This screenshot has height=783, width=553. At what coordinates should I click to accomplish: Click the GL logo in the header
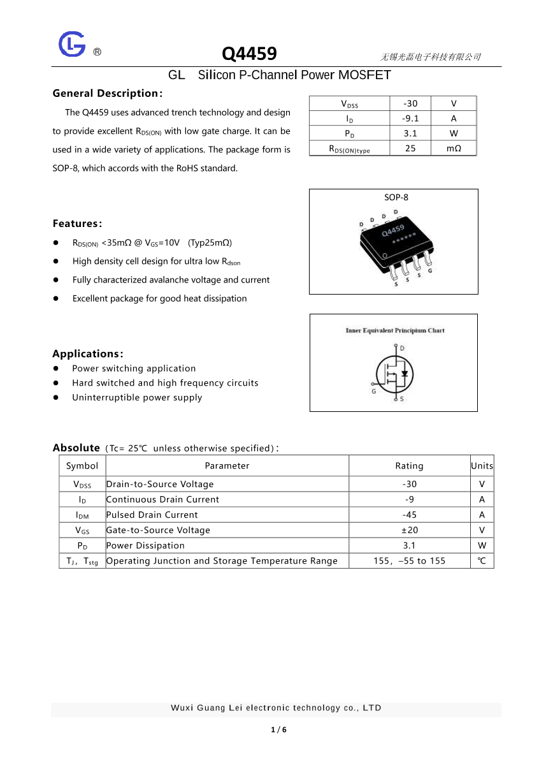pyautogui.click(x=72, y=45)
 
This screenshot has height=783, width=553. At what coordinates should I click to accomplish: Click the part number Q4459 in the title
pyautogui.click(x=249, y=54)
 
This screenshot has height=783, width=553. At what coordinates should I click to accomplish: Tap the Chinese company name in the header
pyautogui.click(x=430, y=57)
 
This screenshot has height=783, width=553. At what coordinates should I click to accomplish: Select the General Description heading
pyautogui.click(x=108, y=93)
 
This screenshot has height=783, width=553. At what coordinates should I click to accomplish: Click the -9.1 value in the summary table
pyautogui.click(x=410, y=118)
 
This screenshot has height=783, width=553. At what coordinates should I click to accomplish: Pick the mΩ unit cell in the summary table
pyautogui.click(x=453, y=149)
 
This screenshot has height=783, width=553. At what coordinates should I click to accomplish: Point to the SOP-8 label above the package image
pyautogui.click(x=396, y=197)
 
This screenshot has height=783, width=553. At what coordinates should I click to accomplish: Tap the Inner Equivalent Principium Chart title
pyautogui.click(x=395, y=330)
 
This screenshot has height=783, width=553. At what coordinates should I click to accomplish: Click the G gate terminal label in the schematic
pyautogui.click(x=374, y=391)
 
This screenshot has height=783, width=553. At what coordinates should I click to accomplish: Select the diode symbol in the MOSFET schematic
pyautogui.click(x=405, y=373)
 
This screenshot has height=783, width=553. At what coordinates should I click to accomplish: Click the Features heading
pyautogui.click(x=77, y=223)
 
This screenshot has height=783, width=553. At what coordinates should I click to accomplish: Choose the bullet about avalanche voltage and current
pyautogui.click(x=171, y=280)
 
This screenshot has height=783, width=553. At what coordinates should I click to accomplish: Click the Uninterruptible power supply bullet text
pyautogui.click(x=137, y=397)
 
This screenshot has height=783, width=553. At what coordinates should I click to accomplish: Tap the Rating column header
pyautogui.click(x=409, y=465)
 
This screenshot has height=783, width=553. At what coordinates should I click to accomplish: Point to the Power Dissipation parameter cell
pyautogui.click(x=145, y=545)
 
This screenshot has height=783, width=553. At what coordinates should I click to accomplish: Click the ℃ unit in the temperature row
pyautogui.click(x=482, y=561)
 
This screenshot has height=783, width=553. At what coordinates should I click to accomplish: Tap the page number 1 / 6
pyautogui.click(x=278, y=729)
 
